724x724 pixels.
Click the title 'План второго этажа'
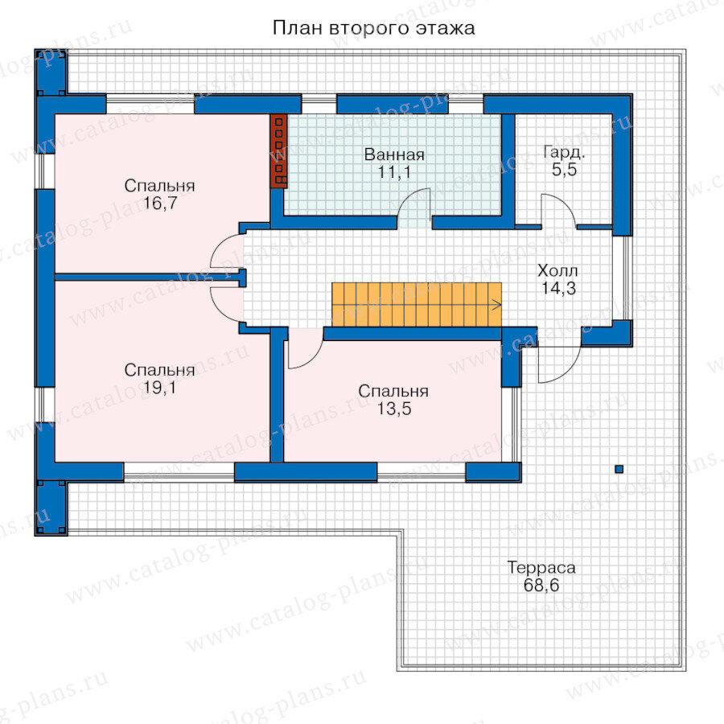pos(373,28)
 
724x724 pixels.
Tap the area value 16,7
pos(160,204)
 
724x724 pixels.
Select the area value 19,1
pos(159,388)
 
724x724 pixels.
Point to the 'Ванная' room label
pos(394,154)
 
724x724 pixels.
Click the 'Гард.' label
pos(564,152)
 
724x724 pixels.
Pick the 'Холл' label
pos(557,270)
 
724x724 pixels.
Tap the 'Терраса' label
pos(541,567)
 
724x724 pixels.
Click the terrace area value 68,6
pos(541,586)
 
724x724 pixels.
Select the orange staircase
pos(417,305)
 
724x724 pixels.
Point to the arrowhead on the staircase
pos(498,305)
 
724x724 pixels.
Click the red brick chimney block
pos(278,151)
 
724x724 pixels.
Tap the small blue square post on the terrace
pos(619,469)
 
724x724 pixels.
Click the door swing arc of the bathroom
pos(406,195)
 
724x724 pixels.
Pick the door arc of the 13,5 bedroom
pos(313,358)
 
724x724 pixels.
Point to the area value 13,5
pos(394,409)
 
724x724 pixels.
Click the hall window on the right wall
pos(623,278)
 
